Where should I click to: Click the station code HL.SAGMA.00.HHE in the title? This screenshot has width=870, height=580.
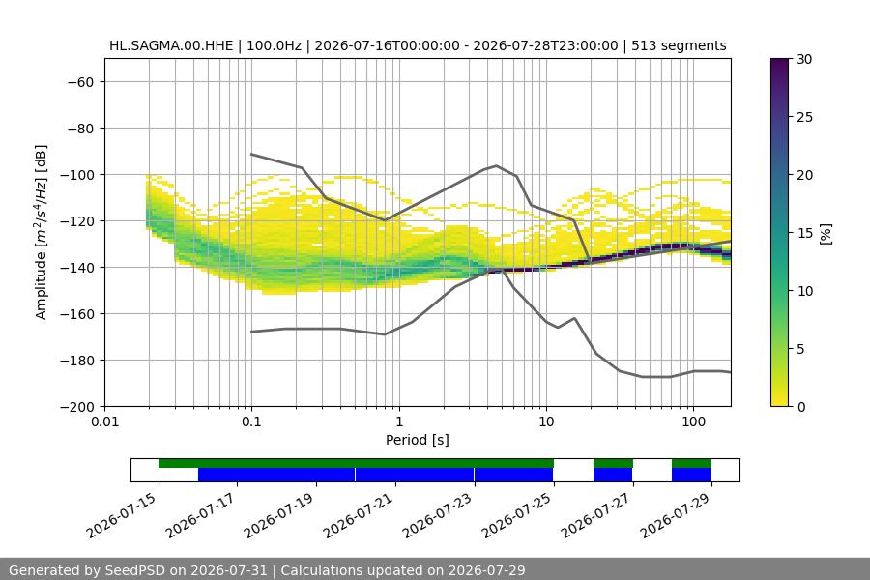(171, 45)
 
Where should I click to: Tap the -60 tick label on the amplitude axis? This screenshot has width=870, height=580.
(80, 82)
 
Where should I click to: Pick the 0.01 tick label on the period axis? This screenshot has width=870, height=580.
(104, 421)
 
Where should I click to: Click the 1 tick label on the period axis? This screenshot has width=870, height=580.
(399, 421)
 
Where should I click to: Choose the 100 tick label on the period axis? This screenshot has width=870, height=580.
(693, 421)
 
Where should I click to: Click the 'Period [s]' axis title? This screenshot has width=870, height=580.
(418, 440)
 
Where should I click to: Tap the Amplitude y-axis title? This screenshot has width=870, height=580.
(42, 232)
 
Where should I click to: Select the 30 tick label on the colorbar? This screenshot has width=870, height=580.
(804, 59)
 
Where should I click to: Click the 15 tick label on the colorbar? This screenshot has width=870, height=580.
(804, 233)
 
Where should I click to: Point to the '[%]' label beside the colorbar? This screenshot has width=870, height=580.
(826, 233)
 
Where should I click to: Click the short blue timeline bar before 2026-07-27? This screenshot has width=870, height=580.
(613, 475)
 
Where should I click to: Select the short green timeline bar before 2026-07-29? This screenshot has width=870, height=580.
(691, 463)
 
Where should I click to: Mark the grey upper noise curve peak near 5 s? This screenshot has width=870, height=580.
(497, 165)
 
